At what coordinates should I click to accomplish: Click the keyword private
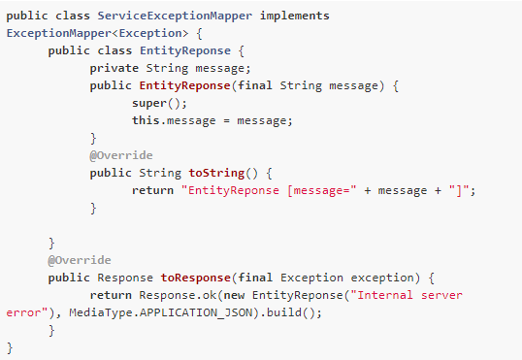click(114, 68)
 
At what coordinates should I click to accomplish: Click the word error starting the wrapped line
click(24, 312)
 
